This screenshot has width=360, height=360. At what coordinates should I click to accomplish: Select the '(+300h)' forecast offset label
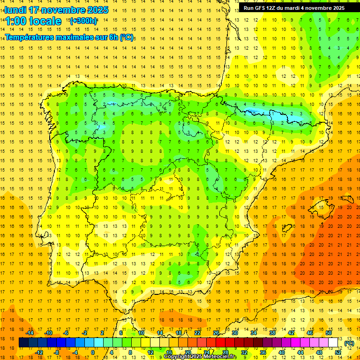click(x=83, y=21)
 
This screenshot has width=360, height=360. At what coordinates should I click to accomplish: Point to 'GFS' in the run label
click(x=260, y=8)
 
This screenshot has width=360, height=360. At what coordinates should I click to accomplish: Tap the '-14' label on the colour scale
click(x=30, y=333)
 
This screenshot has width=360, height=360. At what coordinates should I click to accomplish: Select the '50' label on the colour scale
click(x=329, y=333)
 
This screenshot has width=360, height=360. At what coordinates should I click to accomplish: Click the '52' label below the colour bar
click(x=338, y=352)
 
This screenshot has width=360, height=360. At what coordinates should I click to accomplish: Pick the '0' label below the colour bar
click(x=92, y=352)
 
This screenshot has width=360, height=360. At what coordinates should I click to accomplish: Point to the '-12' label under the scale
click(x=39, y=352)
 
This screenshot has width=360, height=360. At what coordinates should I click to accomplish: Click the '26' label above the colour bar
click(x=216, y=333)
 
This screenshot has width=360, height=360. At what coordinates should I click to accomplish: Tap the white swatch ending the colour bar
click(x=333, y=343)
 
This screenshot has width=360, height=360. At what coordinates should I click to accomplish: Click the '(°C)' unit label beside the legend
click(x=349, y=343)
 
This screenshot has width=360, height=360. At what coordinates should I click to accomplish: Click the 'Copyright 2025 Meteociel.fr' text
click(x=200, y=357)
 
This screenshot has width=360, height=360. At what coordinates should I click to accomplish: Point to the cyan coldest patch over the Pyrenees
click(x=255, y=112)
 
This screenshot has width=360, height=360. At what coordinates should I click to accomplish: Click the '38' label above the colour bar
click(x=272, y=333)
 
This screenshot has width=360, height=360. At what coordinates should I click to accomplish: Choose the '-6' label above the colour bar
click(x=66, y=333)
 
